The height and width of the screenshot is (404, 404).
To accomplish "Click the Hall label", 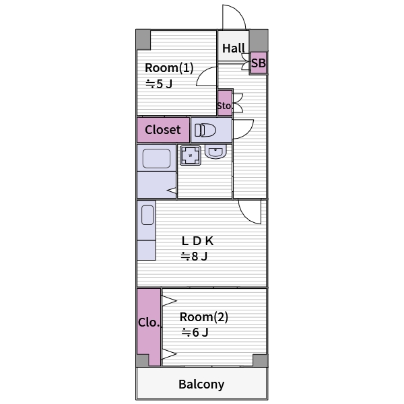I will tap(234, 48).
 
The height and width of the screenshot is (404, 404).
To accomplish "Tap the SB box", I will tap(259, 64).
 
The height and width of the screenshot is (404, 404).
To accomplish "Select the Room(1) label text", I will tap(169, 68).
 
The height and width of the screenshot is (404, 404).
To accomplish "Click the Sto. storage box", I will tap(224, 106).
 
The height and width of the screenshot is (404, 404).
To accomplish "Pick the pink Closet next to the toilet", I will tap(163, 129).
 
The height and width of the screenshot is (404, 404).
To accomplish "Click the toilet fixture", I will tap(206, 129).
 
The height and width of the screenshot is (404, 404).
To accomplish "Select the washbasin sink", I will tap(215, 152).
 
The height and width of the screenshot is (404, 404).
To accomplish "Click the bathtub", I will tap(156, 159).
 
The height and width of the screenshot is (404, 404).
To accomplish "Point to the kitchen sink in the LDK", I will tap(147, 215).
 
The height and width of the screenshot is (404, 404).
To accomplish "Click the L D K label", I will tap(197, 240).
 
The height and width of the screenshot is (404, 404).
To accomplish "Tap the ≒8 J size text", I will tap(194, 256).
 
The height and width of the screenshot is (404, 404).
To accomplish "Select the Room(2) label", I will tap(203, 317).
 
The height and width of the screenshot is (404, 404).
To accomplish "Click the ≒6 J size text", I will tap(195, 333).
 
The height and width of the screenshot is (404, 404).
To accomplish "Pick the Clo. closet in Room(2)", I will tap(149, 324).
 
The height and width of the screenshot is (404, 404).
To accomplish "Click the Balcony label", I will tap(201, 384).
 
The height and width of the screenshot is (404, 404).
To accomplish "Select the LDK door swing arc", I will tap(250, 212).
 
